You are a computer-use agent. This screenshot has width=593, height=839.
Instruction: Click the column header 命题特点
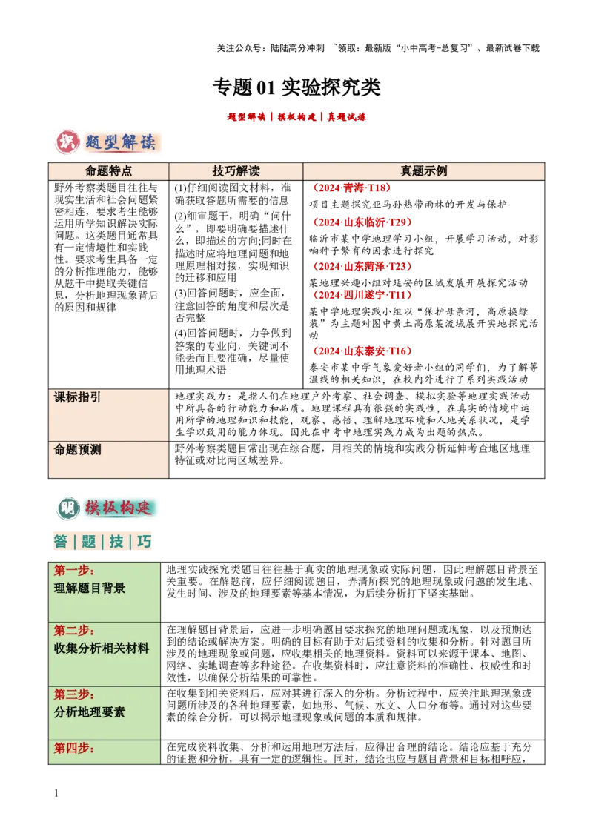point(109,171)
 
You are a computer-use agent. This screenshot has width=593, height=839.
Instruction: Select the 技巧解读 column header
point(236,171)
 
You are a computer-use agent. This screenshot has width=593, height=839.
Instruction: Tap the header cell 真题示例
point(423,171)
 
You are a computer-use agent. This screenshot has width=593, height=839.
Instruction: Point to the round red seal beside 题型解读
point(67,142)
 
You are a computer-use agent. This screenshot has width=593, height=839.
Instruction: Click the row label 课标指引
point(78,397)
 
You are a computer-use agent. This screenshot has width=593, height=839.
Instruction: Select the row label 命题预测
point(78,450)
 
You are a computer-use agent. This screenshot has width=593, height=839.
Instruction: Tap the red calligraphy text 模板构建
point(119,508)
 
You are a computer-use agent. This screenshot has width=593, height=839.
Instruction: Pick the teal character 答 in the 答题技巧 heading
point(61,542)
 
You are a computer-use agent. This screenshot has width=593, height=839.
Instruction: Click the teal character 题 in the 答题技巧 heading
point(89,542)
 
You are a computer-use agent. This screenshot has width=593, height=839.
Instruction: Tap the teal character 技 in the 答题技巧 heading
point(117,542)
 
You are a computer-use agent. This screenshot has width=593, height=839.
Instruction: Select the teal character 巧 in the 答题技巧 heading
point(145,542)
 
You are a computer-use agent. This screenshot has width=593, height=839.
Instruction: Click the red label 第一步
point(74,571)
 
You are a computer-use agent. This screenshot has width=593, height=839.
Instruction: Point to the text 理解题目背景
point(90,588)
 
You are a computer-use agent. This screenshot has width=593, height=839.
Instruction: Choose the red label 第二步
point(74,631)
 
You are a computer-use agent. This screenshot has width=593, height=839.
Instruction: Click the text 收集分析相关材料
point(102,649)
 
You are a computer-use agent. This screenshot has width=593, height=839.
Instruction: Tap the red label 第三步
point(74,694)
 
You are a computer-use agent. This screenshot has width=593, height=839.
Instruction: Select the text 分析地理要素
point(90,712)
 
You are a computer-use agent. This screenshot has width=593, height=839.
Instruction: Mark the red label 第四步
point(74,749)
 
